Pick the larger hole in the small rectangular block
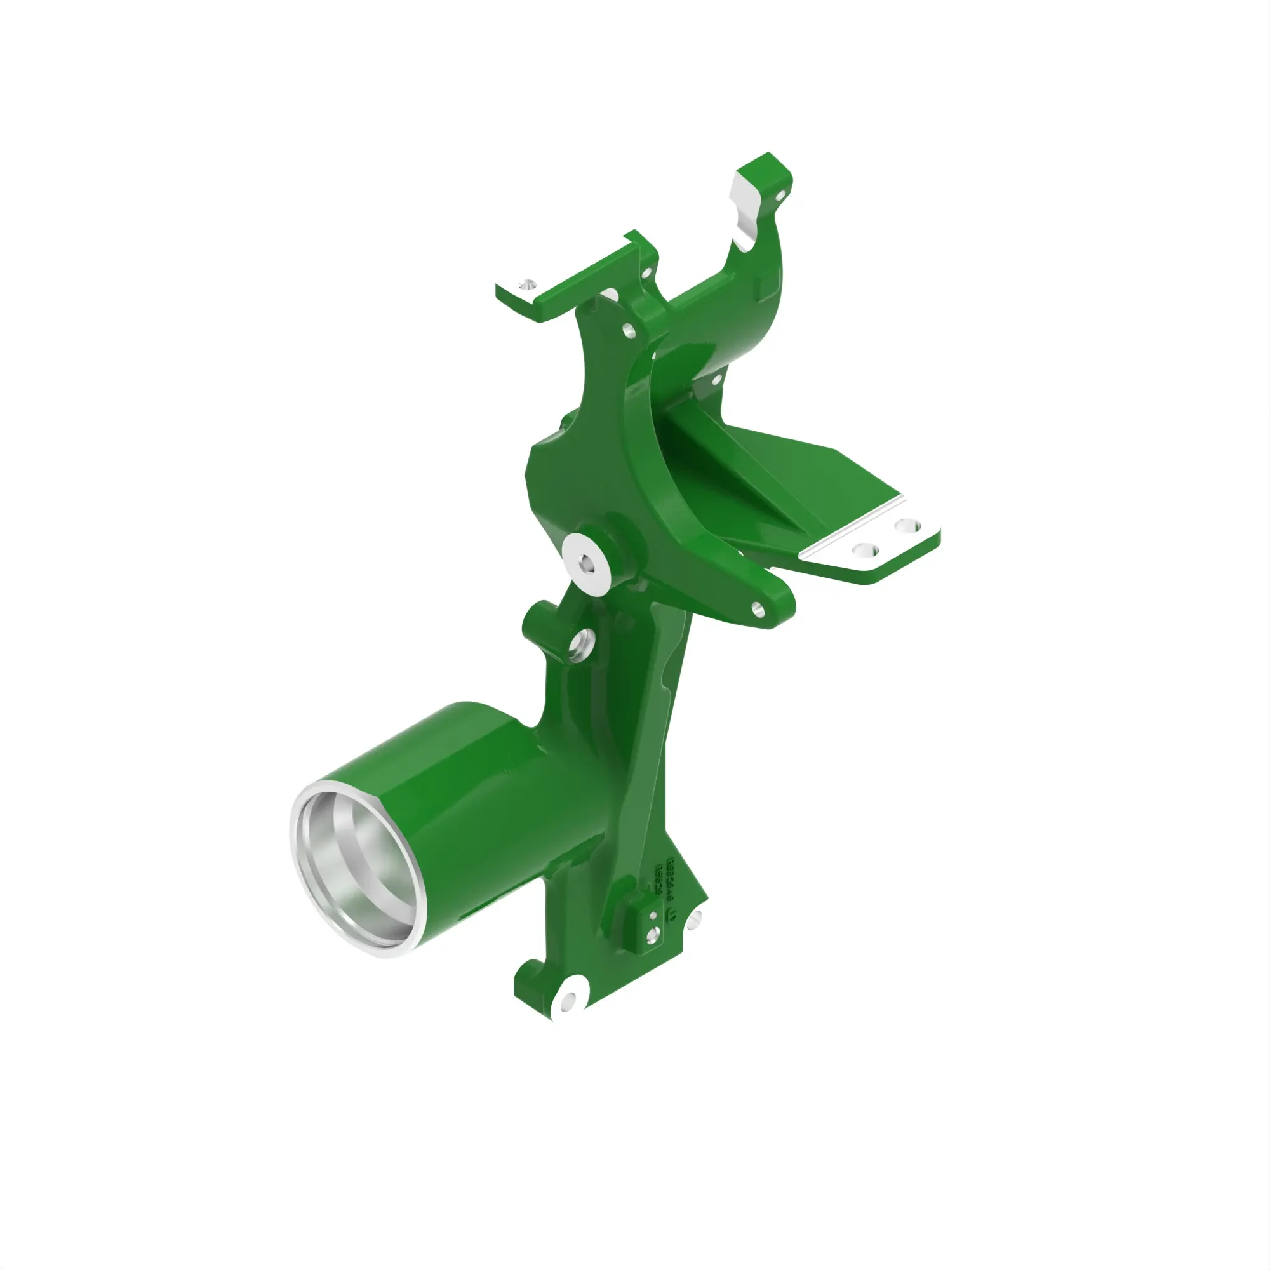[x=652, y=934]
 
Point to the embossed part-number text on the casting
[x=671, y=877]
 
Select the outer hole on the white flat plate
[x=907, y=525]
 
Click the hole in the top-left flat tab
[x=526, y=284]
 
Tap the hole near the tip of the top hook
[x=780, y=195]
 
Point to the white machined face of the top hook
[x=743, y=213]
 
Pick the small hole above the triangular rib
[x=716, y=378]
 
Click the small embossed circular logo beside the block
[x=672, y=913]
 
